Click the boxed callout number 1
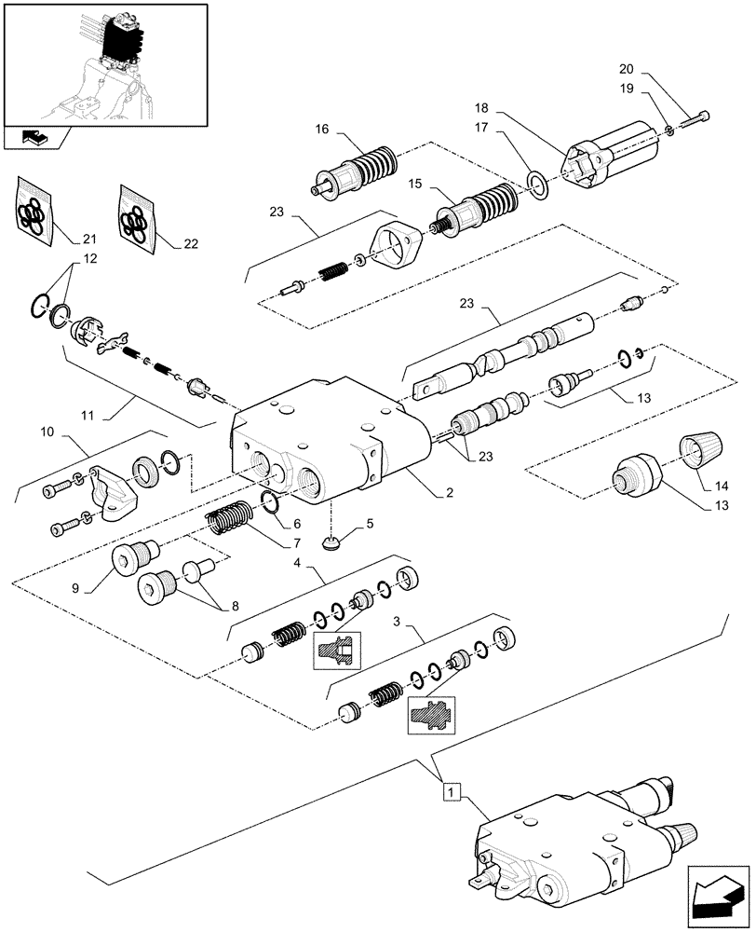pyautogui.click(x=451, y=792)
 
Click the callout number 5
pyautogui.click(x=370, y=523)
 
